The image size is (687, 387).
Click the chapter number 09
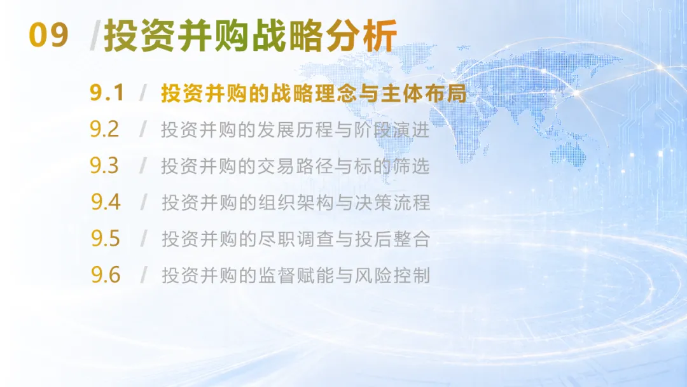click(x=48, y=35)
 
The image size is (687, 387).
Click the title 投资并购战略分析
click(x=251, y=36)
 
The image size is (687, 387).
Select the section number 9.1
click(x=108, y=92)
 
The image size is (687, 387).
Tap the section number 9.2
click(x=104, y=129)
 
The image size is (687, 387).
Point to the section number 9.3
click(x=104, y=165)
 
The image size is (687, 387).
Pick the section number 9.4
click(x=106, y=202)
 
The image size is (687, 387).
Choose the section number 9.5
click(x=106, y=238)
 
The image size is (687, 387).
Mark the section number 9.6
click(x=106, y=274)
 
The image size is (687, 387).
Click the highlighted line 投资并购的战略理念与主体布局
click(x=314, y=93)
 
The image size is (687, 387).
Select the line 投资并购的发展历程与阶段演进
click(x=295, y=129)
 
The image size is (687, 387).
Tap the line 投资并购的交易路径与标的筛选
click(x=295, y=165)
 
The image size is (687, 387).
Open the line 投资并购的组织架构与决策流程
click(x=296, y=202)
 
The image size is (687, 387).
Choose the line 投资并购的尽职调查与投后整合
click(x=296, y=239)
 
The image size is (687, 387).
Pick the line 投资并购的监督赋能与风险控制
click(x=296, y=275)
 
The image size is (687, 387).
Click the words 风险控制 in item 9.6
click(x=392, y=275)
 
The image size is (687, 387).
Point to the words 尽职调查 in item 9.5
click(x=296, y=239)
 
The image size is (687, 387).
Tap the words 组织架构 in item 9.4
click(x=296, y=202)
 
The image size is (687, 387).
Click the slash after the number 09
click(x=95, y=35)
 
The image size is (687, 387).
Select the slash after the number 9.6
click(x=144, y=275)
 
